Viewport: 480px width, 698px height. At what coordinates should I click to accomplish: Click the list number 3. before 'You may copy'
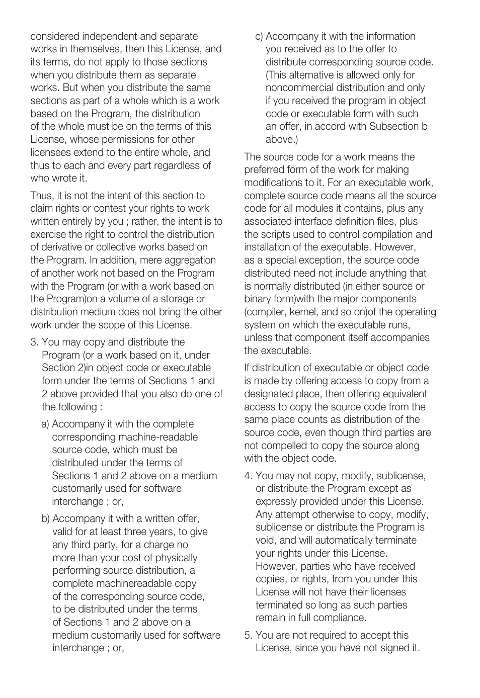34,342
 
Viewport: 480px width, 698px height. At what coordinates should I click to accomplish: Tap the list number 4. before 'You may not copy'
248,476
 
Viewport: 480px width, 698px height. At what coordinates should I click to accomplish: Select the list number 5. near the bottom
248,635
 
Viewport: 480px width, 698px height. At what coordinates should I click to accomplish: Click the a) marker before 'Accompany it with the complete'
45,424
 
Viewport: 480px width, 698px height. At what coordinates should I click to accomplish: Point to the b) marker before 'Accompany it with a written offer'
45,518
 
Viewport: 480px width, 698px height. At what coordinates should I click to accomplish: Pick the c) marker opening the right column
259,37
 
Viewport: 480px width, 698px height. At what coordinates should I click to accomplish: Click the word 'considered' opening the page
55,37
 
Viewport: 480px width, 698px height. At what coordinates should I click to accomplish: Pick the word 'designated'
270,394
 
